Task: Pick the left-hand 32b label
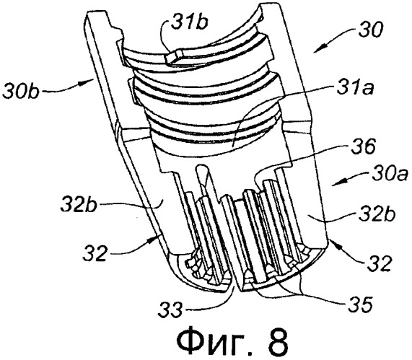tap(79, 205)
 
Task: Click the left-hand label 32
tap(95, 252)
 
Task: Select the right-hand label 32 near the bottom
tap(379, 263)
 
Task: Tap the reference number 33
tap(170, 309)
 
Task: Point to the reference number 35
tap(360, 304)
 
